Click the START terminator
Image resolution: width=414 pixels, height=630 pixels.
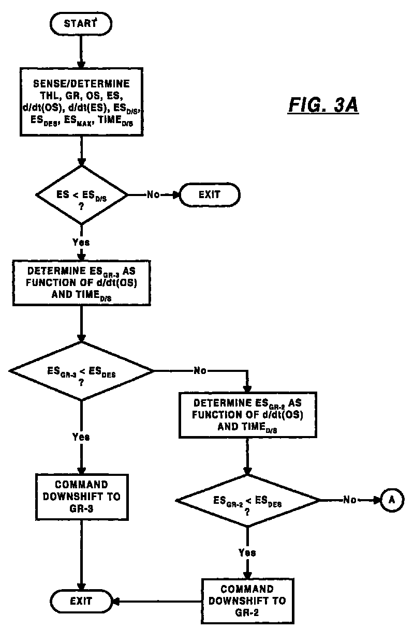pyautogui.click(x=81, y=24)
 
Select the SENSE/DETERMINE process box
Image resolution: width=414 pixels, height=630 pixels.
pyautogui.click(x=81, y=102)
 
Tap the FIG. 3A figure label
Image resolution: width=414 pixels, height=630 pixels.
pyautogui.click(x=323, y=105)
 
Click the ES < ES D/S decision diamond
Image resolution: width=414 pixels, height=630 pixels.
pyautogui.click(x=81, y=195)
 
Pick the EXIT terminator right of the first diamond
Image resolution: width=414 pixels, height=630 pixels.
pyautogui.click(x=210, y=194)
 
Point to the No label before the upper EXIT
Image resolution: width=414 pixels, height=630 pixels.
pyautogui.click(x=153, y=194)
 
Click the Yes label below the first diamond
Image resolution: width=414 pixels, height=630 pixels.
pyautogui.click(x=81, y=242)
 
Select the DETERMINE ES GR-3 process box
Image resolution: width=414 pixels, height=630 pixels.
pyautogui.click(x=81, y=283)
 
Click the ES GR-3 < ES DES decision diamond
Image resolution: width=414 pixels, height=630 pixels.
pyautogui.click(x=81, y=371)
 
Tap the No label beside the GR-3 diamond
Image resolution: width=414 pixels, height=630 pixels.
pyautogui.click(x=200, y=371)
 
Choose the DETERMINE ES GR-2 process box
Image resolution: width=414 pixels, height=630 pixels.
pyautogui.click(x=248, y=415)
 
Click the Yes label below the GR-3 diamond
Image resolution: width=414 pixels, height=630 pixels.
pyautogui.click(x=81, y=437)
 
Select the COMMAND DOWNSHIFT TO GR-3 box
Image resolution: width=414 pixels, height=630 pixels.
pyautogui.click(x=82, y=497)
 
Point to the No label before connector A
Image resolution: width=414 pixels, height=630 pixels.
pyautogui.click(x=350, y=500)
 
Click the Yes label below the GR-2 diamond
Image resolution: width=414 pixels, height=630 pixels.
pyautogui.click(x=247, y=552)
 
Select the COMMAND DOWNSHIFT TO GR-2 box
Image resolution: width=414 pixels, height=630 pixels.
pyautogui.click(x=248, y=601)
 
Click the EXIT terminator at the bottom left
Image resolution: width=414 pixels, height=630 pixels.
pyautogui.click(x=81, y=601)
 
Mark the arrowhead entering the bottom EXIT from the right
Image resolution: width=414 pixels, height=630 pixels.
pyautogui.click(x=116, y=602)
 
